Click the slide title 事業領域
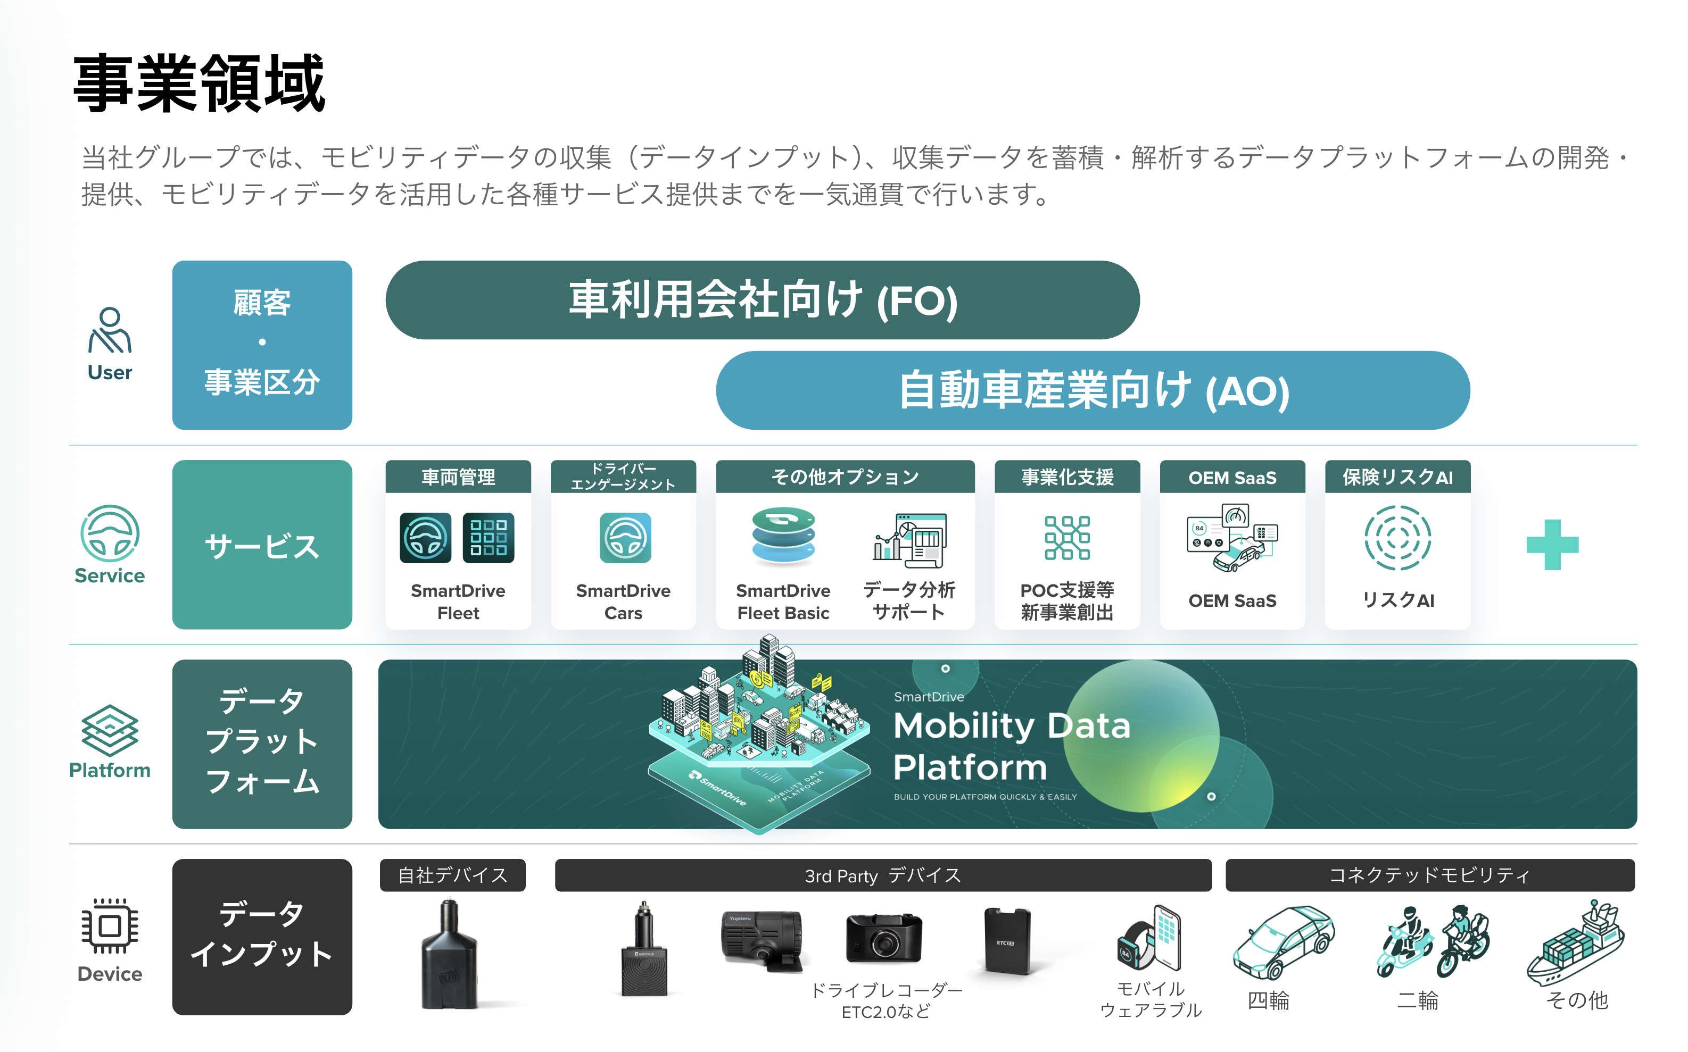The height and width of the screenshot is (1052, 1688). (x=199, y=84)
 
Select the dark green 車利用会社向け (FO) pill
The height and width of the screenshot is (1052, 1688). (x=762, y=300)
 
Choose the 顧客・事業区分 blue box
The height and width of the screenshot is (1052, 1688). (x=262, y=345)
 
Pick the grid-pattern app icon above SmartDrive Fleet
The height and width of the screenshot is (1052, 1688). (x=488, y=538)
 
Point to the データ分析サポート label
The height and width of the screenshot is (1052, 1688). (x=908, y=600)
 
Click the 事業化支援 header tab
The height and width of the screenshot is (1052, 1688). (x=1066, y=477)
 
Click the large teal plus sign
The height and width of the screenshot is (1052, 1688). (x=1552, y=545)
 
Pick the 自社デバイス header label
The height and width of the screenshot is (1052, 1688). (x=452, y=875)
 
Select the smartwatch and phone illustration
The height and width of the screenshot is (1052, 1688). (x=1150, y=939)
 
